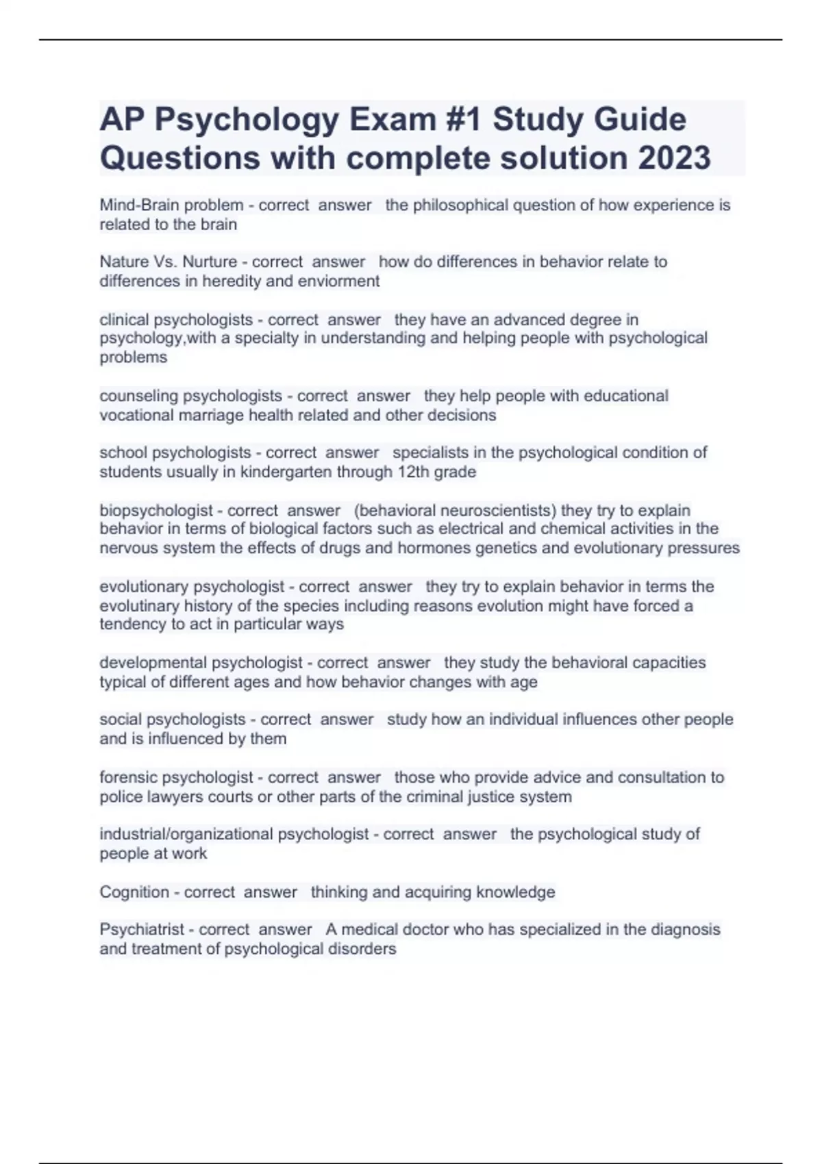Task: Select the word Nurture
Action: click(x=210, y=262)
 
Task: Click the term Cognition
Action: click(x=134, y=892)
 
